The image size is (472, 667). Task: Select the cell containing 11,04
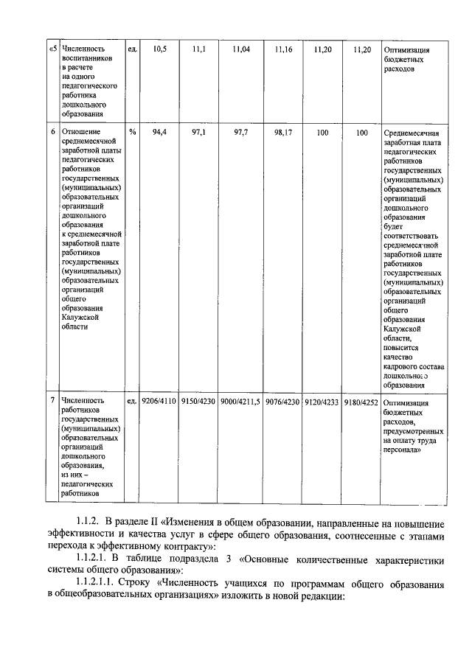(x=241, y=49)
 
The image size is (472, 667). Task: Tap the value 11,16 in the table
(x=283, y=49)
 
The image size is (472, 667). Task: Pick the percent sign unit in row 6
(x=132, y=133)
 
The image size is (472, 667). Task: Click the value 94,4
(x=159, y=133)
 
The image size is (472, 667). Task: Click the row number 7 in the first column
(x=52, y=402)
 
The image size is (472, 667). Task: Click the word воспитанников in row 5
(x=87, y=60)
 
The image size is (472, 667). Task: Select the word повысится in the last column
(x=403, y=346)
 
